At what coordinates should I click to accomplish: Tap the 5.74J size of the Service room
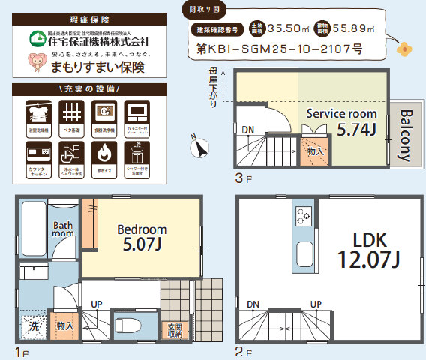[x=356, y=129]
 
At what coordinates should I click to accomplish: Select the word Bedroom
[x=141, y=229]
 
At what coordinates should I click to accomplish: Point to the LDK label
[x=369, y=240]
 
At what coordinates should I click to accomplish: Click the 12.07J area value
[x=368, y=260]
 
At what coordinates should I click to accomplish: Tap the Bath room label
[x=62, y=229]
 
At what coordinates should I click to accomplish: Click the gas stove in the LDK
[x=303, y=216]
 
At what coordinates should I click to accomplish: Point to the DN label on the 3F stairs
[x=247, y=130]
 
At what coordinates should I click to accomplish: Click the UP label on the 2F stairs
[x=316, y=304]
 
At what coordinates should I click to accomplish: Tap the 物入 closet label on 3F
[x=316, y=151]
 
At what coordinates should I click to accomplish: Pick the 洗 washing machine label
[x=34, y=326]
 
